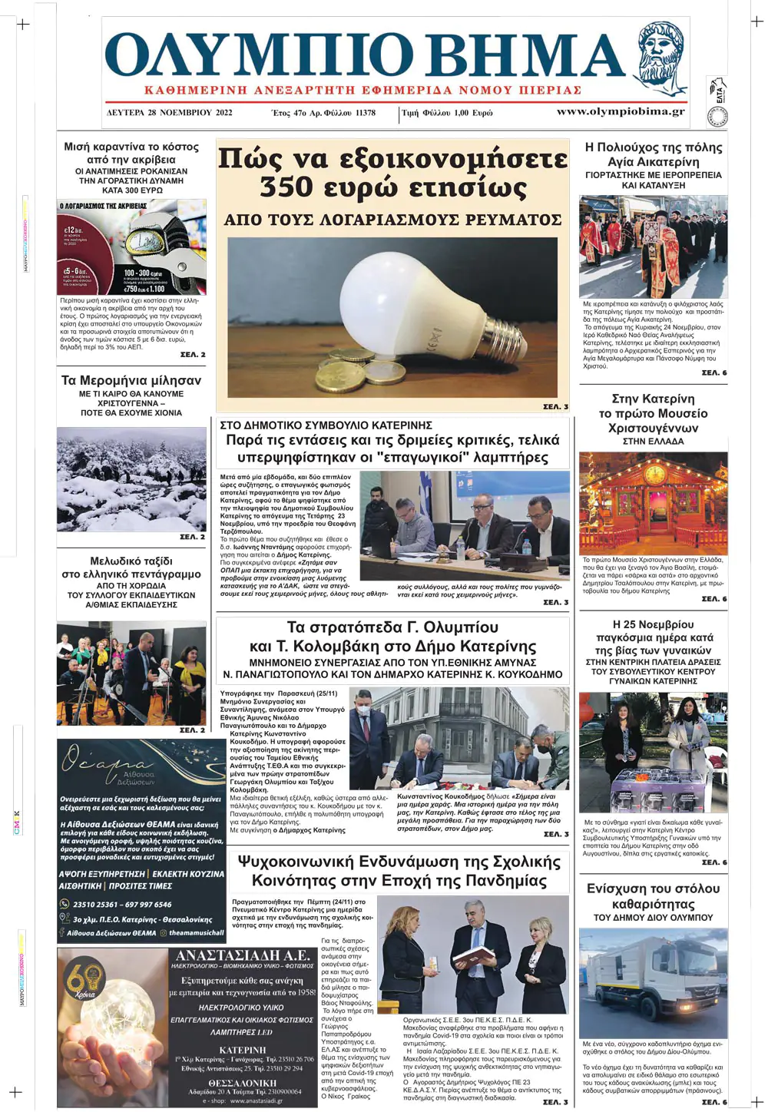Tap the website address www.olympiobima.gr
(x=620, y=111)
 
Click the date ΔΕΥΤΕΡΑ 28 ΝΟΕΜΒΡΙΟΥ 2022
(x=170, y=112)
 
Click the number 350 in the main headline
(x=286, y=187)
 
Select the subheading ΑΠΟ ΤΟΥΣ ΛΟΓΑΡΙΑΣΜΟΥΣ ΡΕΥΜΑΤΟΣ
(x=392, y=220)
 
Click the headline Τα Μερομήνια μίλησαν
(x=131, y=380)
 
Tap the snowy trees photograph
(x=131, y=478)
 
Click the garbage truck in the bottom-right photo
(x=653, y=983)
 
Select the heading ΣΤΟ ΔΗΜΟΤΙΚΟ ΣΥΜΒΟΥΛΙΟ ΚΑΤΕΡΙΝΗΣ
(x=326, y=425)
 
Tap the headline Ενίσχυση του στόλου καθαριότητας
(x=653, y=896)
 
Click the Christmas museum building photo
(x=653, y=503)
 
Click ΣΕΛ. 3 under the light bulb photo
(x=555, y=406)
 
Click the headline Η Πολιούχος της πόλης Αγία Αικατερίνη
(x=653, y=154)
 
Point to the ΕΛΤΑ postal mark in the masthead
(x=719, y=91)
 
